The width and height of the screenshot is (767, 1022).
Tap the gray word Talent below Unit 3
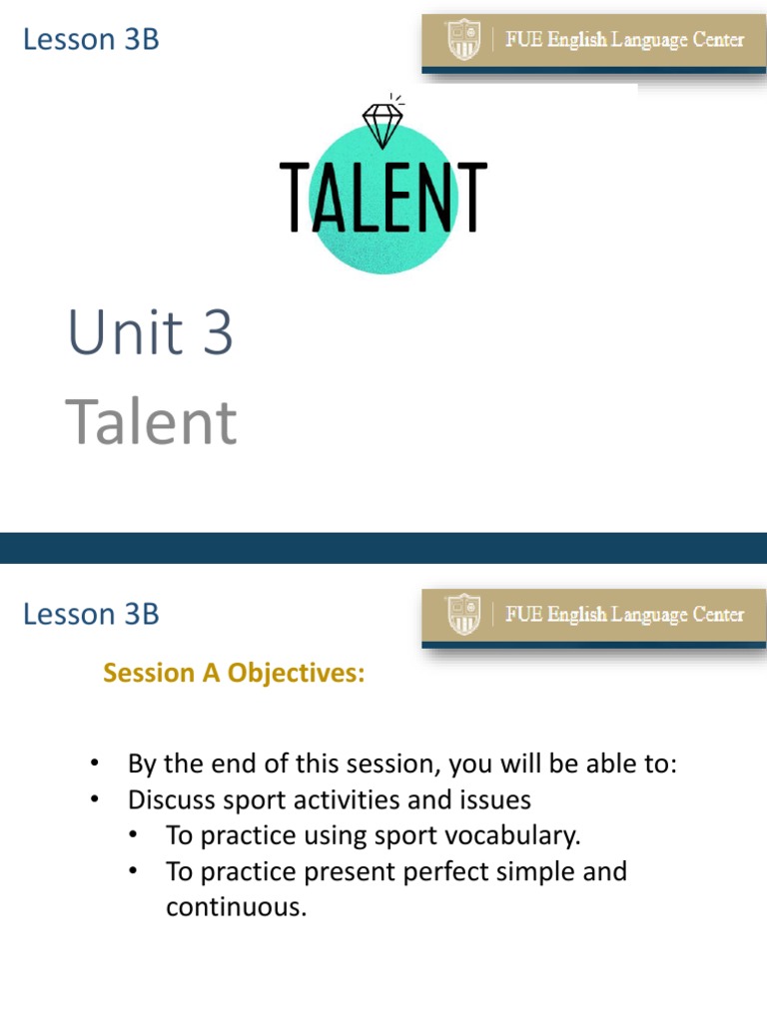click(x=151, y=422)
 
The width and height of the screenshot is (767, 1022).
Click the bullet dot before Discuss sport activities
click(x=96, y=799)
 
